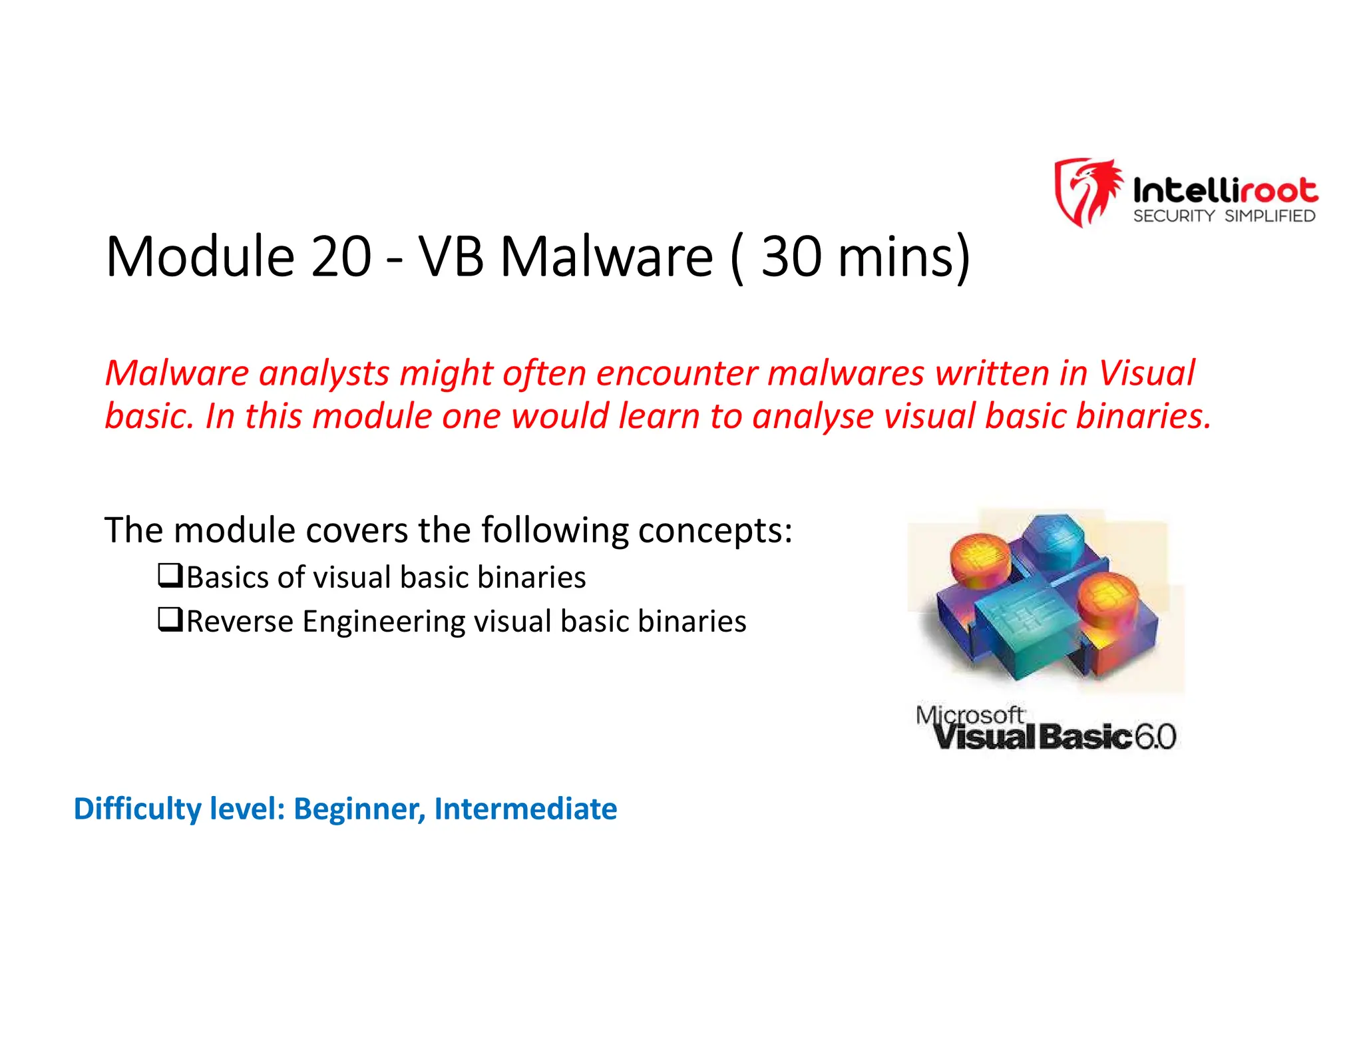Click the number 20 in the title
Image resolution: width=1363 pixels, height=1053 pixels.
pos(341,257)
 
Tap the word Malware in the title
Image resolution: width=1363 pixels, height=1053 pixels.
pos(606,257)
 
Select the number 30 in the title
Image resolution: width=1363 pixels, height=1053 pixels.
pos(791,257)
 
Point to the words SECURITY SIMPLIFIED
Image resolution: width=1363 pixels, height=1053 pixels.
pos(1224,216)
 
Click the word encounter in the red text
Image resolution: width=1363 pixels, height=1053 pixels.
pos(677,373)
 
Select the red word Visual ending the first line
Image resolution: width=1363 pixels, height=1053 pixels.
pos(1146,373)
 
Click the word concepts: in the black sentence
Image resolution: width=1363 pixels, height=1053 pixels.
pos(715,530)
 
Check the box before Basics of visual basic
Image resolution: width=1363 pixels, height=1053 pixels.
pos(170,575)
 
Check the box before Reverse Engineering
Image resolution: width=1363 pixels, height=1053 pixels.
pos(170,620)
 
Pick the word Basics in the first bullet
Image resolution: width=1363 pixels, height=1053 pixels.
pos(227,577)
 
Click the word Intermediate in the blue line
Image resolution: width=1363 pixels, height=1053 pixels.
pos(525,809)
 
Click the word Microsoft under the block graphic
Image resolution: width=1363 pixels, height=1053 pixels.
pos(969,716)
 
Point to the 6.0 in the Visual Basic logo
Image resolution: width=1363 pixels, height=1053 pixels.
pos(1155,737)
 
